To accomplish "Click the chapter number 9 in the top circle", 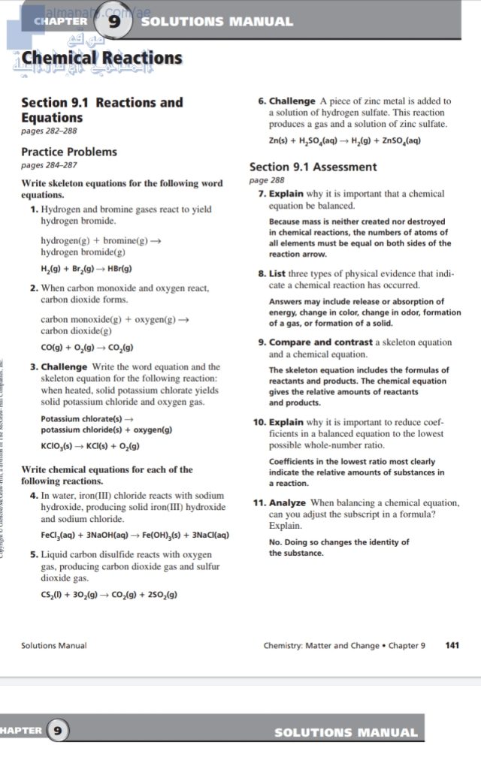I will click(115, 22).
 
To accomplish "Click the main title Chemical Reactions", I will click(102, 58).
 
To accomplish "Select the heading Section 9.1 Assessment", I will click(313, 167).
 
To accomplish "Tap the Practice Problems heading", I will click(69, 152).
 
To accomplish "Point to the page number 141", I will click(452, 645).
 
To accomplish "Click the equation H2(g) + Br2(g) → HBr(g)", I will click(86, 268).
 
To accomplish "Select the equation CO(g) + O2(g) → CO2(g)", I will click(87, 347).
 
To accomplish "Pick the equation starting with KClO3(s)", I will click(90, 446).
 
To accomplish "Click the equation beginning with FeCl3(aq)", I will click(135, 535).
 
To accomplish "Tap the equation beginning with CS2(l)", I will click(109, 594).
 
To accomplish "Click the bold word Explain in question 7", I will click(286, 194).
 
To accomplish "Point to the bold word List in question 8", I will click(278, 274).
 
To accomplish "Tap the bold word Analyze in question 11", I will click(288, 502).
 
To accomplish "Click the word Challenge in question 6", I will click(292, 101).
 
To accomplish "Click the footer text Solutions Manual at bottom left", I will click(53, 645).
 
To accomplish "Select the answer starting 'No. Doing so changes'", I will click(339, 541).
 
